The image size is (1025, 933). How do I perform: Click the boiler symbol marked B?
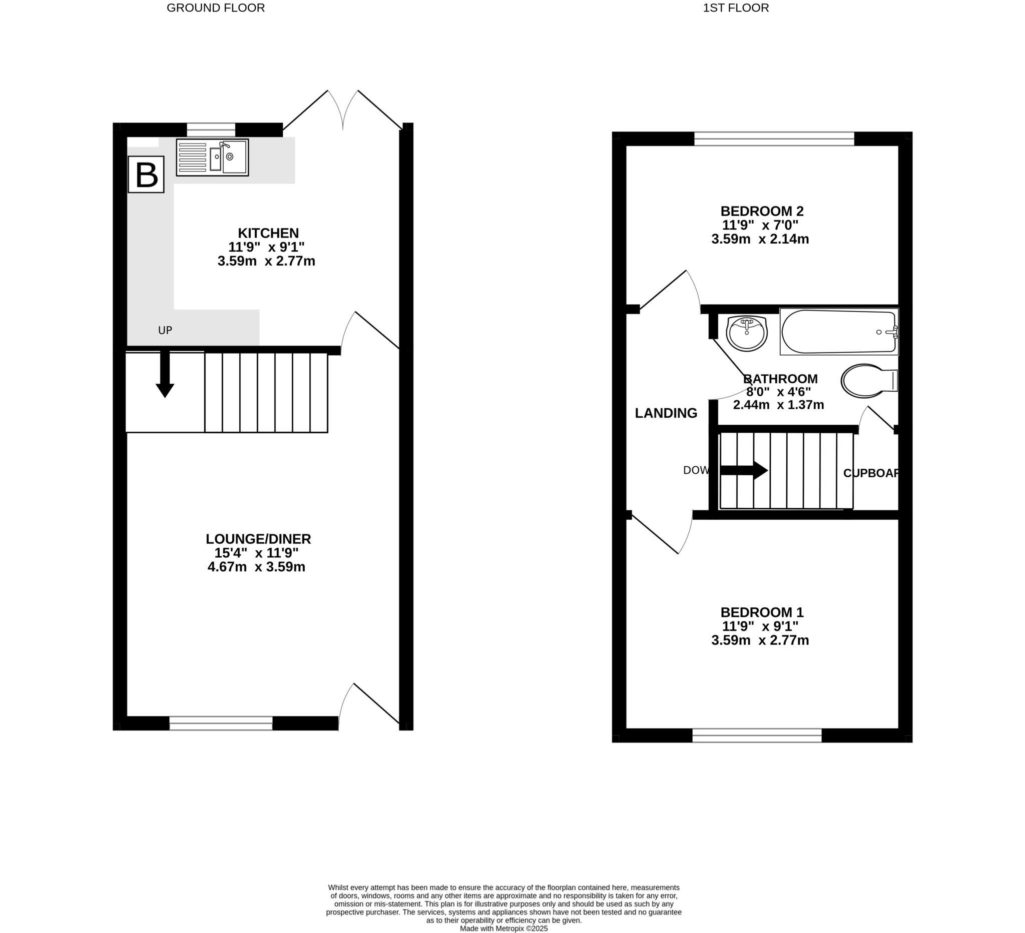pyautogui.click(x=146, y=174)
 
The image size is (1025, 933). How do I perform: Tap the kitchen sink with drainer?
pyautogui.click(x=213, y=157)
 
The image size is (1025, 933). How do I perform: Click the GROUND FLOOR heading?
pyautogui.click(x=216, y=8)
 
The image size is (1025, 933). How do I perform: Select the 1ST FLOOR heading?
pyautogui.click(x=736, y=8)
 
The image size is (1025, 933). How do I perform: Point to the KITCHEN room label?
pyautogui.click(x=268, y=233)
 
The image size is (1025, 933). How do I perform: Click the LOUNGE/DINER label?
pyautogui.click(x=258, y=539)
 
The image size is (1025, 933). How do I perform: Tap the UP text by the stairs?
pyautogui.click(x=165, y=330)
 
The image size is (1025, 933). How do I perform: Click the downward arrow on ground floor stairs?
pyautogui.click(x=165, y=374)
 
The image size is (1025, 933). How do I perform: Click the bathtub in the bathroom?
pyautogui.click(x=839, y=332)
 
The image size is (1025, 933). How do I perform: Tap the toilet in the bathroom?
pyautogui.click(x=868, y=380)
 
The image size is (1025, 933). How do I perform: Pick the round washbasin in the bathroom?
pyautogui.click(x=746, y=333)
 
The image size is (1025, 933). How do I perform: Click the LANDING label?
pyautogui.click(x=666, y=413)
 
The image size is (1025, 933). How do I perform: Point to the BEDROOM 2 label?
pyautogui.click(x=762, y=211)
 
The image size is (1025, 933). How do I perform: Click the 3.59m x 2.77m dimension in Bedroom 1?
pyautogui.click(x=760, y=640)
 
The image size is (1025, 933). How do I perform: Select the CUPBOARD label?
pyautogui.click(x=871, y=473)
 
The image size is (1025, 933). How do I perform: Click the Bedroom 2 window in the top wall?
pyautogui.click(x=774, y=138)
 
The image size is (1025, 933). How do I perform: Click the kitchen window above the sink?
pyautogui.click(x=211, y=130)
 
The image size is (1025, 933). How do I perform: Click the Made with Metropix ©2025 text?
pyautogui.click(x=503, y=928)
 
